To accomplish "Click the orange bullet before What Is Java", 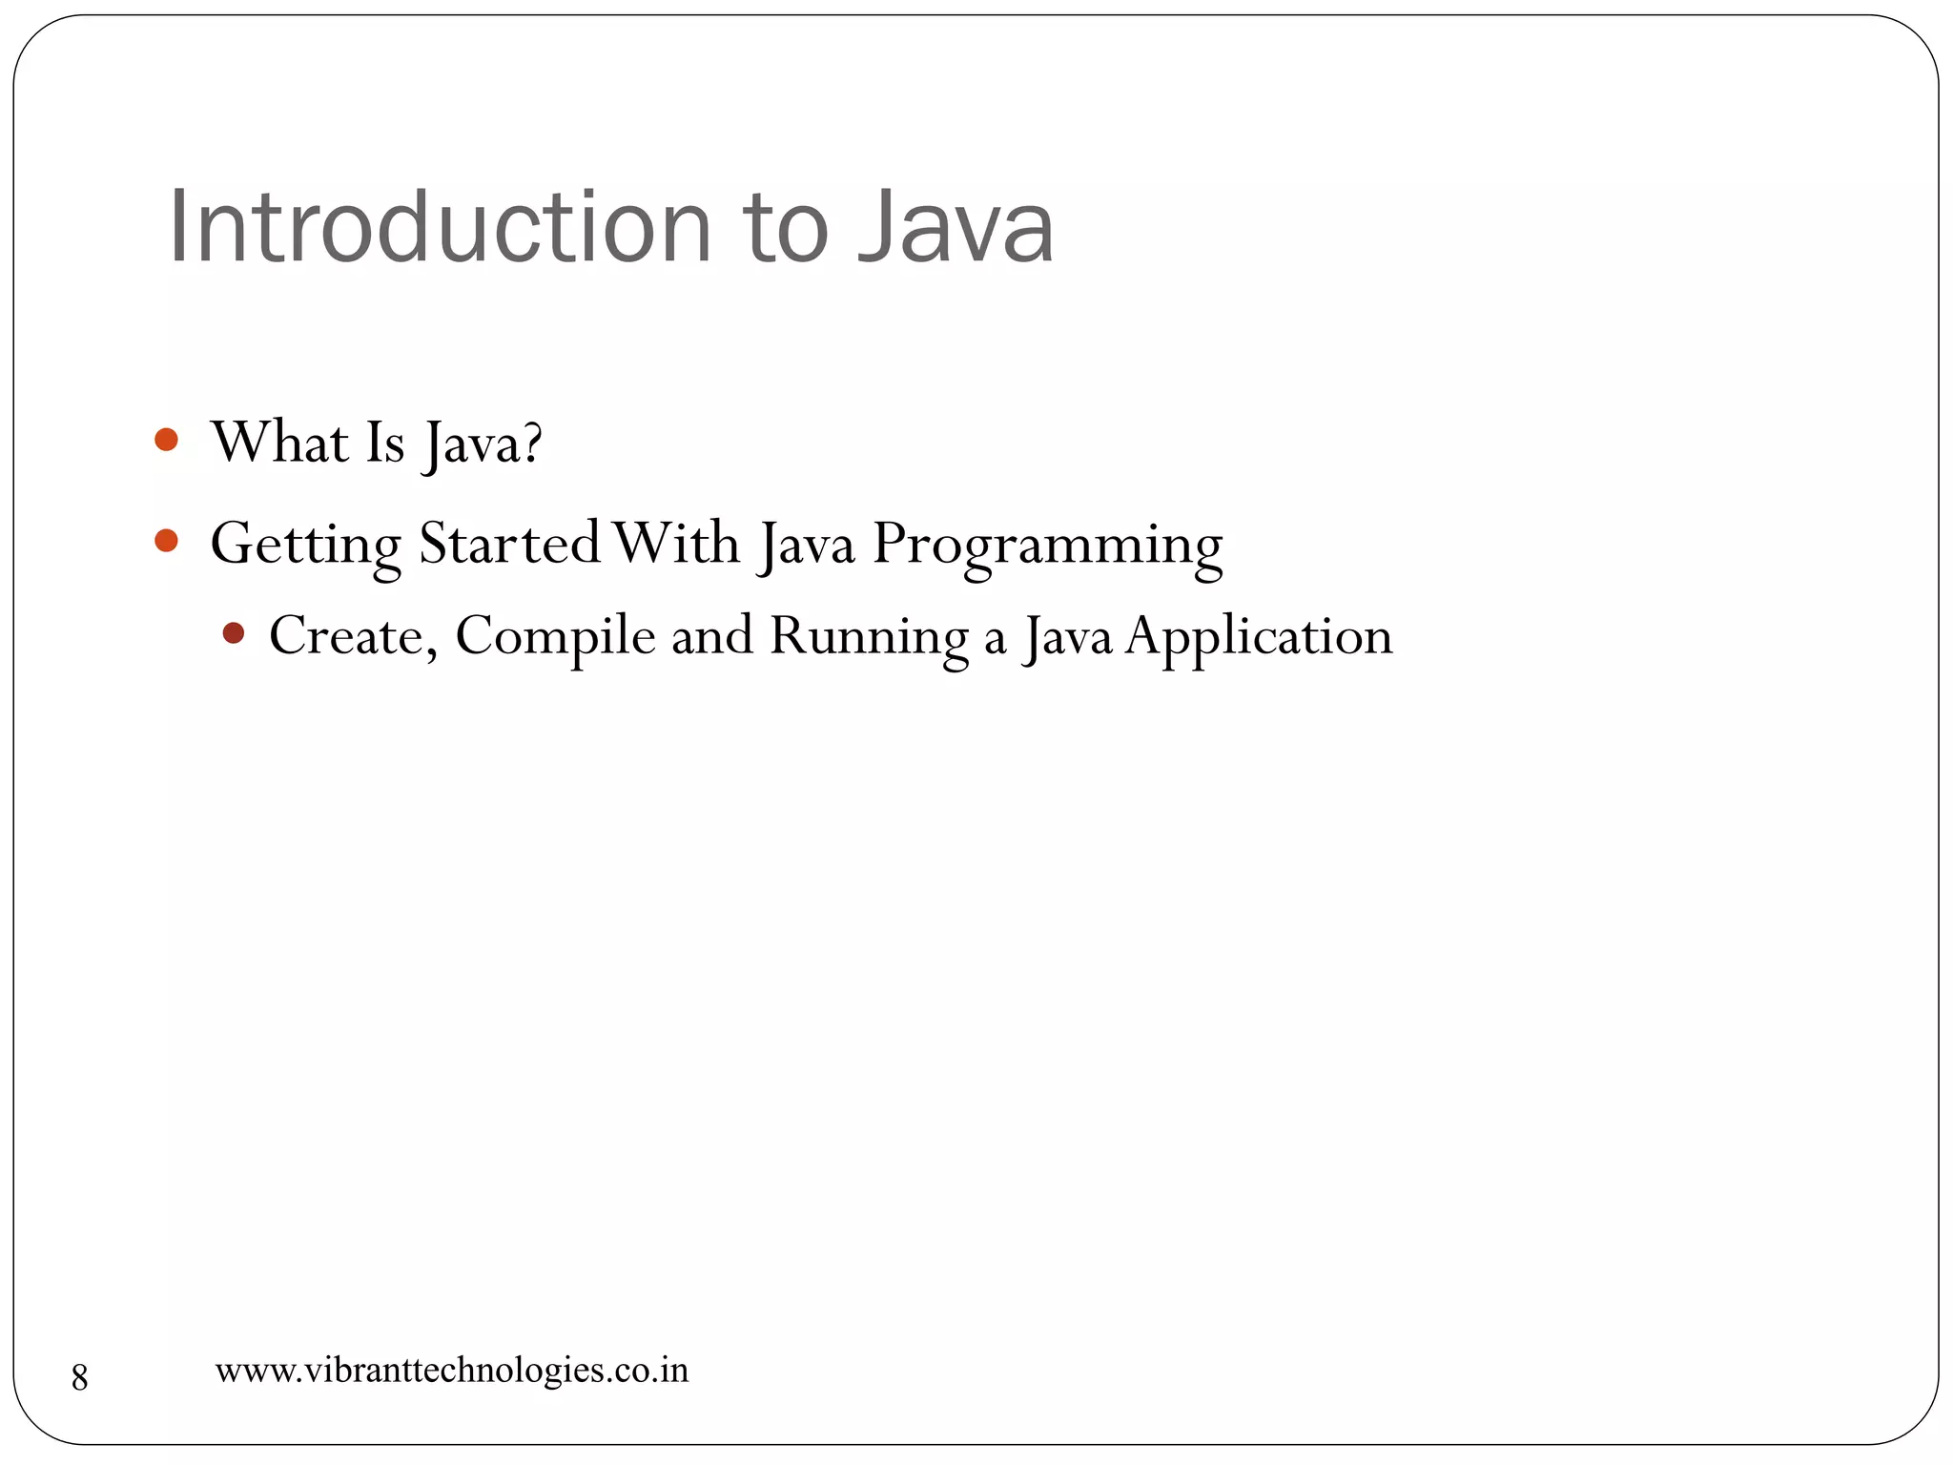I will tap(167, 440).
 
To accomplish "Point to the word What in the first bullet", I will tap(280, 443).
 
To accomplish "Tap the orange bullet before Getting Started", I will tap(167, 541).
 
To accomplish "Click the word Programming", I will tap(1047, 547).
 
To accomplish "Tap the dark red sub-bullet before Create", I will tap(234, 632).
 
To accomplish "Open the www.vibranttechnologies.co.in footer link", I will tap(452, 1371).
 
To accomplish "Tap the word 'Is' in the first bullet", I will tap(385, 443).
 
